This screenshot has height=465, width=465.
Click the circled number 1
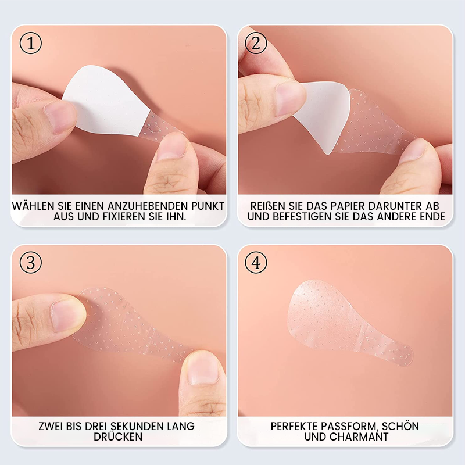coord(30,43)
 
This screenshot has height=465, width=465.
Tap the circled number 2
coord(256,43)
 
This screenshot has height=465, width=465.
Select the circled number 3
coord(30,263)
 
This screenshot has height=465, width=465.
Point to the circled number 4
coord(256,263)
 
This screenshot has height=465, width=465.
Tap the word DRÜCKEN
coord(118,437)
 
